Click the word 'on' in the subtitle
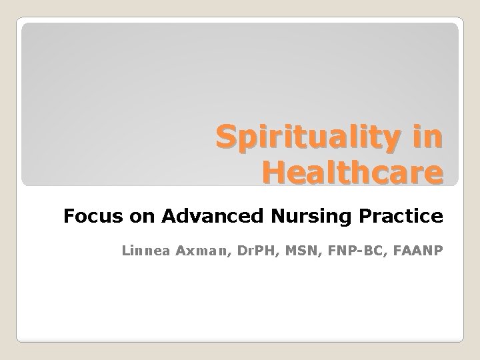click(x=123, y=216)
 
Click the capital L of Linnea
click(x=127, y=251)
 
